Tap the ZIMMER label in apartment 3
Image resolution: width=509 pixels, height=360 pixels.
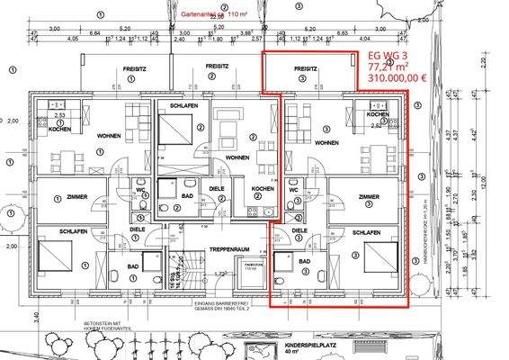[x=369, y=196]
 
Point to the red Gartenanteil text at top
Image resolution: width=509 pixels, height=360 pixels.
[x=214, y=15]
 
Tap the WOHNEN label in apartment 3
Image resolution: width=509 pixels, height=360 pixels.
[x=326, y=143]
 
